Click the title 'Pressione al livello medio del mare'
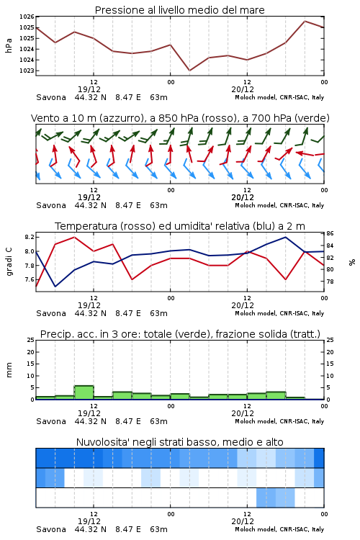(179, 10)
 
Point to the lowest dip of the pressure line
(189, 71)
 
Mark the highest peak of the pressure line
(305, 21)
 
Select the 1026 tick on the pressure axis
(27, 17)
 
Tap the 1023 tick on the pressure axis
(27, 71)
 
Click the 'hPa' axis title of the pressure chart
(9, 45)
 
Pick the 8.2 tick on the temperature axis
(30, 237)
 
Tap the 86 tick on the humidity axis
(330, 233)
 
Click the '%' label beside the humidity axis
(352, 262)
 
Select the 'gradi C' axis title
(9, 262)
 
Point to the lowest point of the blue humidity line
(55, 287)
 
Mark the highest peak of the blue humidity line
(285, 237)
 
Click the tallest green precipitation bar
(84, 392)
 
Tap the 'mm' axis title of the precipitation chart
(9, 370)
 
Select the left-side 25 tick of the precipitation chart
(31, 340)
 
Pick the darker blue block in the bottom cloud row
(266, 498)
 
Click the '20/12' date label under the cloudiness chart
(243, 521)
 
